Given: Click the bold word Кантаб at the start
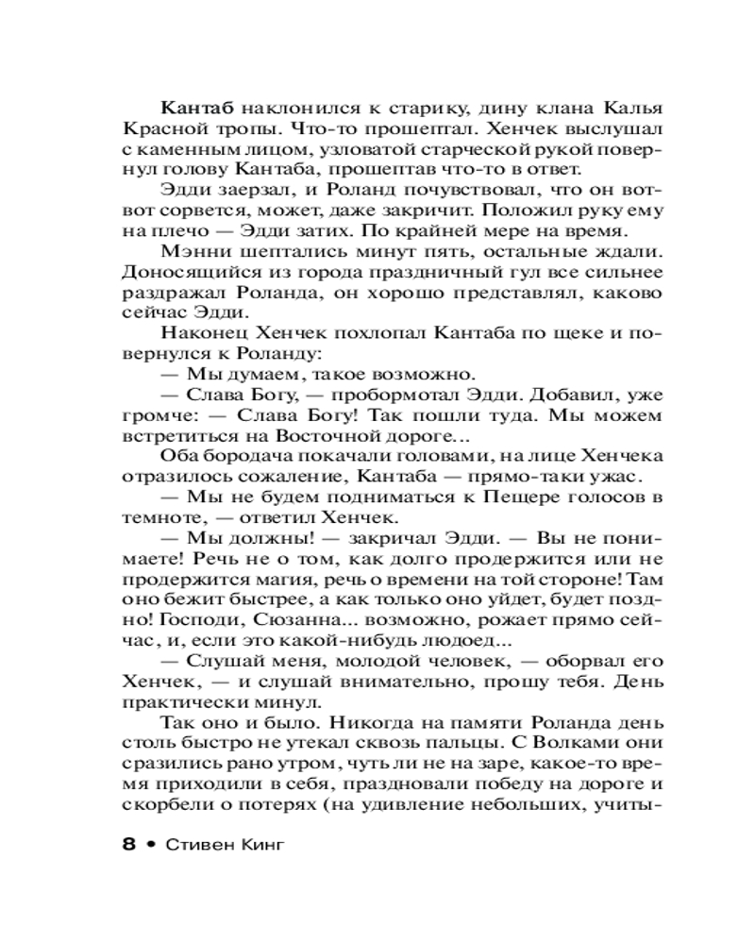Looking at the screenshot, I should click(x=194, y=104).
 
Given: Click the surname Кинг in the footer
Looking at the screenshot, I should click(x=258, y=844).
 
